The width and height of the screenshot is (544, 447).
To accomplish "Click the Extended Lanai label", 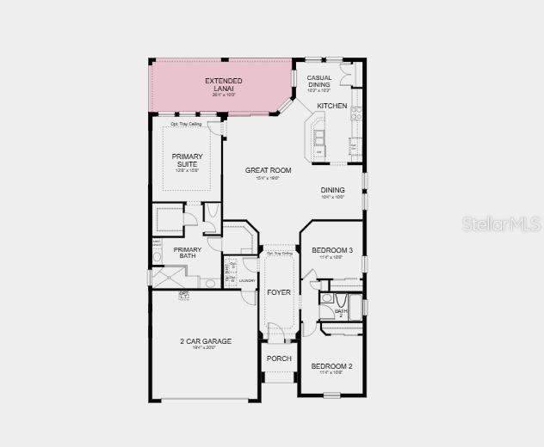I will tap(223, 84).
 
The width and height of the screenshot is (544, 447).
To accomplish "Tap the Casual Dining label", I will tap(319, 81).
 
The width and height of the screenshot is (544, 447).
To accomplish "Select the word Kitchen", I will tap(332, 106).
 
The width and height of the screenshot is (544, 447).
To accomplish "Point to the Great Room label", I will tap(268, 170).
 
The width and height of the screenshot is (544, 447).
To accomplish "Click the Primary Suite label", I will tap(187, 160).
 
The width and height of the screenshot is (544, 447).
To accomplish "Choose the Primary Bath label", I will tap(188, 253).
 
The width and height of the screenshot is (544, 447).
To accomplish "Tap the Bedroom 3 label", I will tap(332, 250).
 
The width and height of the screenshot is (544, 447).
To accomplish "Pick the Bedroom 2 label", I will tap(332, 366).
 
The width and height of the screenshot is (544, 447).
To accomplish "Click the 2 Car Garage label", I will tap(206, 341).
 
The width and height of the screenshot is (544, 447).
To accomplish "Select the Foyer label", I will tap(278, 292).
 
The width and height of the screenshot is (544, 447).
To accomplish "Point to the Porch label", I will tap(278, 358).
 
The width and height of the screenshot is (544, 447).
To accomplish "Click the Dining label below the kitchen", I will tap(333, 190).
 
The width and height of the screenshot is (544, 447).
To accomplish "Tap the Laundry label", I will tap(248, 279).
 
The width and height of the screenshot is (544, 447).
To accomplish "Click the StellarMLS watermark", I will tap(501, 223).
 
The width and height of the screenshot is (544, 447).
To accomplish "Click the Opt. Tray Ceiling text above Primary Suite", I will tap(186, 125).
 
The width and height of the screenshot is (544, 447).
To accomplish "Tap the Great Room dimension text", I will tap(268, 178).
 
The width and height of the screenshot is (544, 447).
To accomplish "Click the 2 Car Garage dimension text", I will tap(206, 349).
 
